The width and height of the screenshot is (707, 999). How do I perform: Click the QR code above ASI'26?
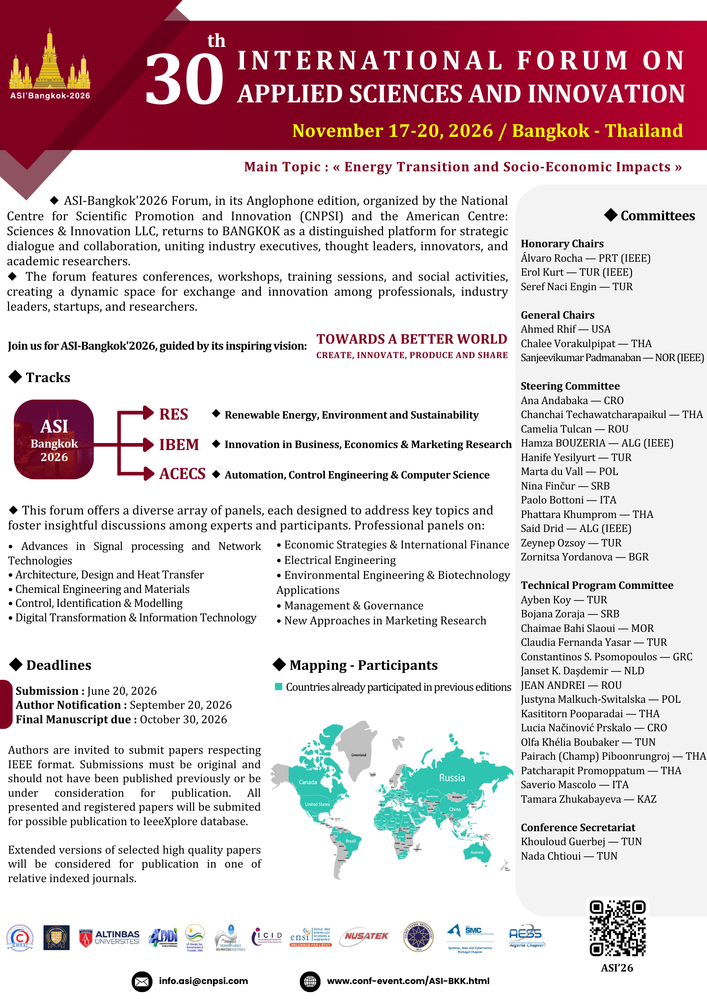pyautogui.click(x=617, y=928)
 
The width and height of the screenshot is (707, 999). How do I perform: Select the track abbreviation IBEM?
pyautogui.click(x=179, y=445)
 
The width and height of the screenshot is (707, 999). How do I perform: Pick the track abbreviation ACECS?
pyautogui.click(x=182, y=474)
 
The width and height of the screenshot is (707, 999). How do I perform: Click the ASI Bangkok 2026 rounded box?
pyautogui.click(x=54, y=440)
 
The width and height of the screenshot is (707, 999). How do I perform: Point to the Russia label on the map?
pyautogui.click(x=452, y=778)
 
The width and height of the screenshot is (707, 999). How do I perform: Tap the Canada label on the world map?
pyautogui.click(x=308, y=782)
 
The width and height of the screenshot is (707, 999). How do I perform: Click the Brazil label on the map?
pyautogui.click(x=351, y=841)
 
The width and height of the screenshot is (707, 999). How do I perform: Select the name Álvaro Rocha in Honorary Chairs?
pyautogui.click(x=551, y=258)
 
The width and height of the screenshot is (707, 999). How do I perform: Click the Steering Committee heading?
pyautogui.click(x=570, y=386)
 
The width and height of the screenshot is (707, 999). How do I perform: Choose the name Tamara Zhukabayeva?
pyautogui.click(x=570, y=799)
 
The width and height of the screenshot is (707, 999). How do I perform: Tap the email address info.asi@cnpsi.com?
pyautogui.click(x=203, y=981)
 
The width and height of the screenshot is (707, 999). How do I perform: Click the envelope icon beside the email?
pyautogui.click(x=142, y=982)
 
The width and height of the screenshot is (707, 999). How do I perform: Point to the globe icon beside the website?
pyautogui.click(x=310, y=982)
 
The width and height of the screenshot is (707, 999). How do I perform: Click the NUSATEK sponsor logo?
pyautogui.click(x=366, y=936)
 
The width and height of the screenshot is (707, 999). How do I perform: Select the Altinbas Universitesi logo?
pyautogui.click(x=109, y=938)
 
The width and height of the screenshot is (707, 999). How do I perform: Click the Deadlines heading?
pyautogui.click(x=58, y=665)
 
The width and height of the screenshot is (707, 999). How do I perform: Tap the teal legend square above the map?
pyautogui.click(x=279, y=687)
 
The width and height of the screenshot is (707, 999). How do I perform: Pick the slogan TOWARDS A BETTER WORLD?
pyautogui.click(x=411, y=339)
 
